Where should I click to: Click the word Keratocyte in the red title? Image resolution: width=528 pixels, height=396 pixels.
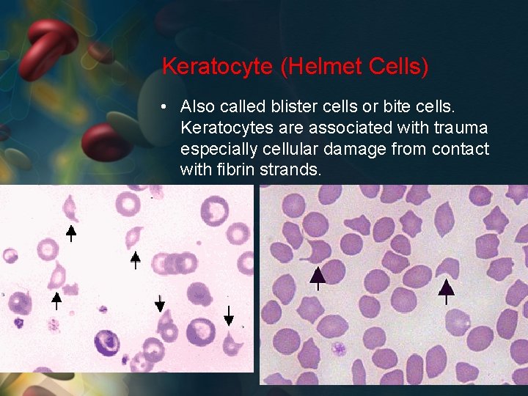(x=218, y=67)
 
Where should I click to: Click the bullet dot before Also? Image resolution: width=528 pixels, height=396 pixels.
(x=167, y=106)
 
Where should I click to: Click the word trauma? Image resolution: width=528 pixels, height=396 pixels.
(x=461, y=128)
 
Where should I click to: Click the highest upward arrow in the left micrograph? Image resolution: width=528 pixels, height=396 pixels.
(x=70, y=232)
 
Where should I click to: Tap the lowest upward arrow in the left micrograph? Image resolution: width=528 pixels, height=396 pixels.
(x=56, y=300)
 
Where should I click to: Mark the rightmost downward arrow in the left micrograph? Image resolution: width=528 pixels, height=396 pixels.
(x=229, y=315)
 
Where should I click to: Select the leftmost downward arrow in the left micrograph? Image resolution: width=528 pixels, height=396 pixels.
(x=160, y=303)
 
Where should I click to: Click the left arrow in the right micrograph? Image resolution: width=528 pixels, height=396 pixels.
(x=318, y=276)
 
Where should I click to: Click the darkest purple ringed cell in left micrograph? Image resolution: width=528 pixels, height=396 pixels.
(x=107, y=342)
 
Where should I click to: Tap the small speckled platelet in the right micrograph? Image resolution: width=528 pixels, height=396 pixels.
(x=338, y=348)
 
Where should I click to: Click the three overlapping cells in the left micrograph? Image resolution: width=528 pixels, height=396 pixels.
(x=176, y=263)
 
